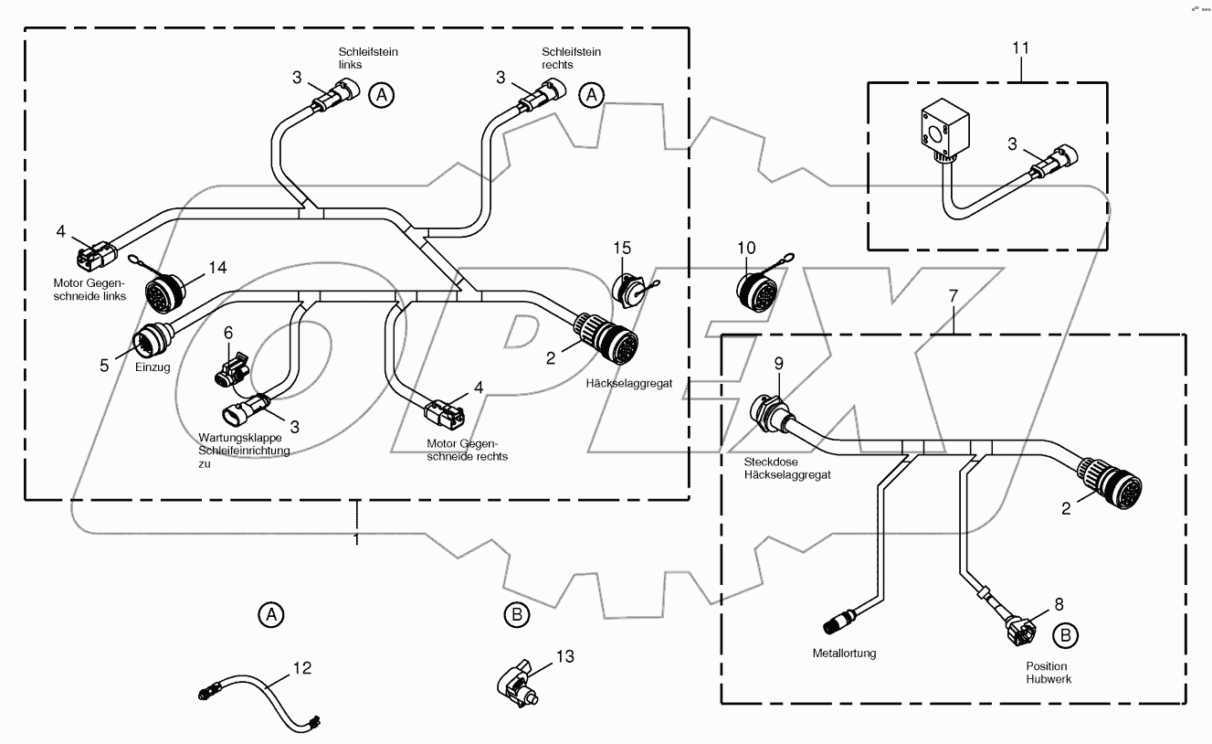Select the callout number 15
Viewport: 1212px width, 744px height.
pyautogui.click(x=622, y=248)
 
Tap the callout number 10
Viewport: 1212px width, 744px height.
pyautogui.click(x=746, y=248)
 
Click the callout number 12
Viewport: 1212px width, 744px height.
pyautogui.click(x=302, y=669)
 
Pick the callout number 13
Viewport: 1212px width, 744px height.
pyautogui.click(x=565, y=655)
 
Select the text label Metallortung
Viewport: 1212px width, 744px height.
pyautogui.click(x=844, y=654)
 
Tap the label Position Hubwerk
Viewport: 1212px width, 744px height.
pyautogui.click(x=1046, y=673)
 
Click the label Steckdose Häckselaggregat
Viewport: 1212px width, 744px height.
pyautogui.click(x=774, y=469)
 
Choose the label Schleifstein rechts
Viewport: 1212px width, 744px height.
pyautogui.click(x=571, y=58)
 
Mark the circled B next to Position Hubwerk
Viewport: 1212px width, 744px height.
pyautogui.click(x=1064, y=634)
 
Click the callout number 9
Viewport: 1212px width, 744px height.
pyautogui.click(x=779, y=363)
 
